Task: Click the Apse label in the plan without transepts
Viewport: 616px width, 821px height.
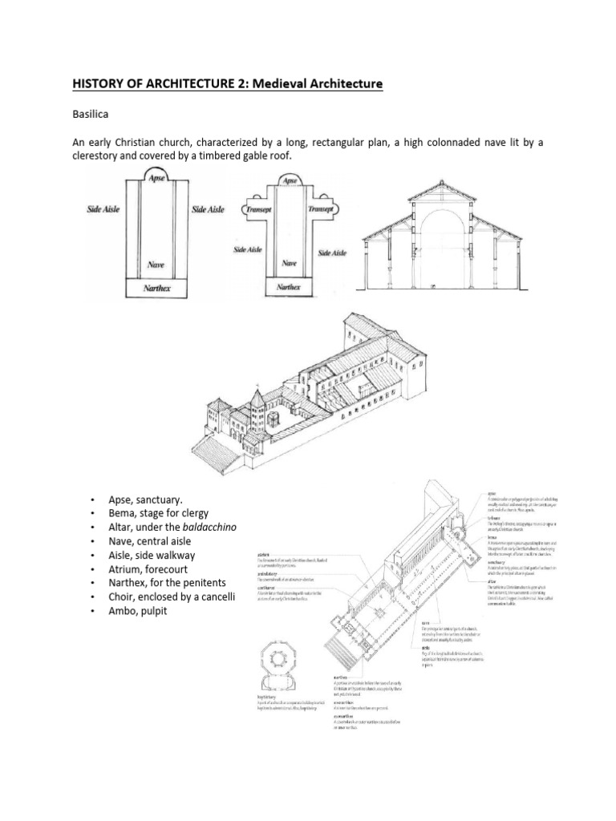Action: pyautogui.click(x=154, y=178)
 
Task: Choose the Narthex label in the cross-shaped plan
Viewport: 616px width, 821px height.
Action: pyautogui.click(x=289, y=286)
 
